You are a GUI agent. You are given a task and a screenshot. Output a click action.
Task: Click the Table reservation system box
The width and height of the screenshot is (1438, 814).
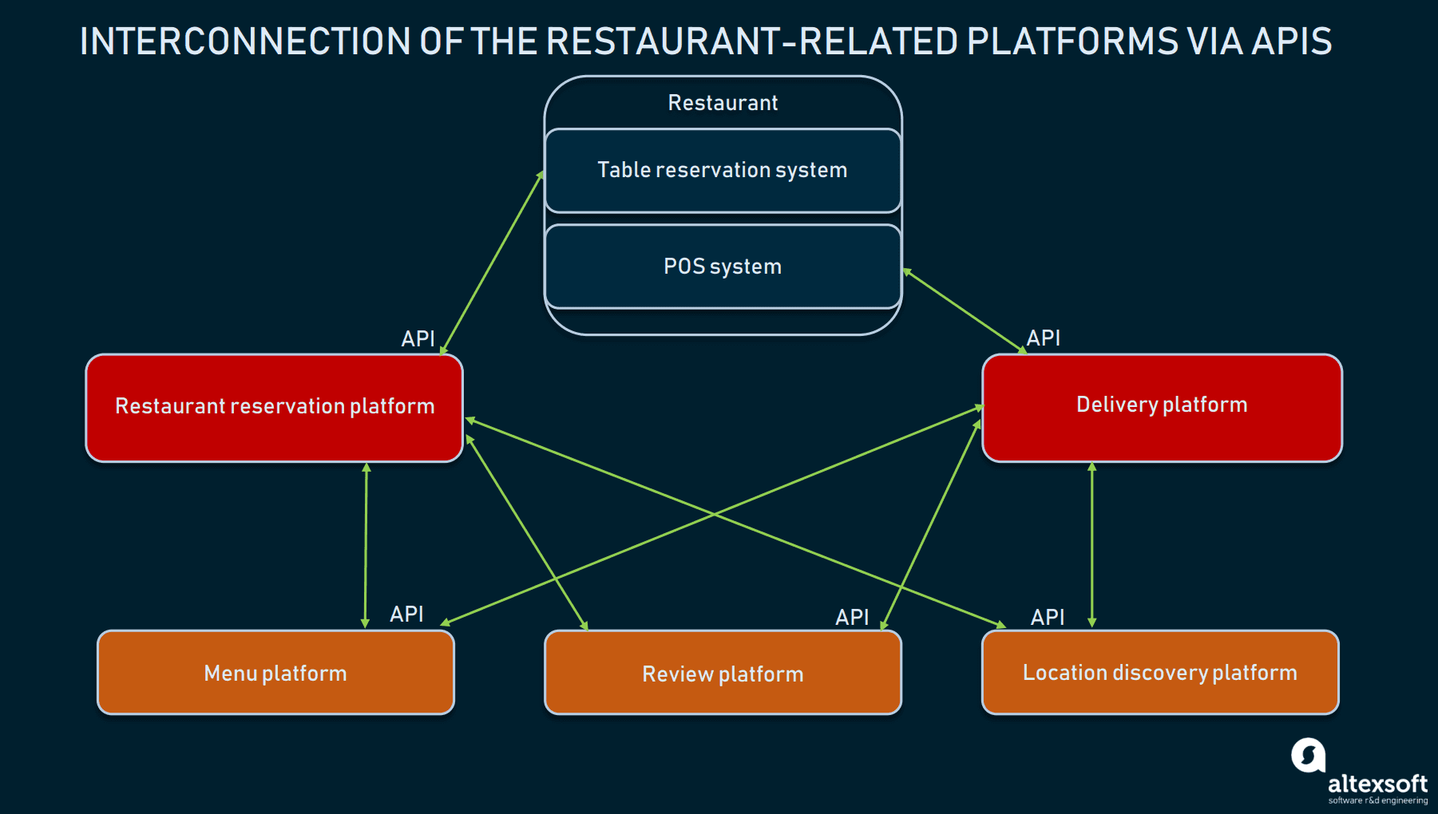coord(723,171)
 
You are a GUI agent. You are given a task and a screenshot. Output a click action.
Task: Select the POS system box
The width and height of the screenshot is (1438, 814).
coord(723,267)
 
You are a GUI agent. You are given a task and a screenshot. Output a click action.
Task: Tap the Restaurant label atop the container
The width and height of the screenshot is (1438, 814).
coord(723,103)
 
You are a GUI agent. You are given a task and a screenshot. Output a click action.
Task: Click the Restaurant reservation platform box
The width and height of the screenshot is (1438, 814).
coord(275,407)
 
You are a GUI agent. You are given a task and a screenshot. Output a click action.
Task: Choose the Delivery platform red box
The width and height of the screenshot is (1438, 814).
coord(1162,407)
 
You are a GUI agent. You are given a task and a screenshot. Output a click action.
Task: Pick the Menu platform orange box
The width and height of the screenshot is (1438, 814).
coord(275,673)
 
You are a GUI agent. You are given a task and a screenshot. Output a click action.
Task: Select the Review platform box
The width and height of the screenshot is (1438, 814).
coord(723,674)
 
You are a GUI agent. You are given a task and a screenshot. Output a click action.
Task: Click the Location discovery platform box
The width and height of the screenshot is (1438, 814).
coord(1160,673)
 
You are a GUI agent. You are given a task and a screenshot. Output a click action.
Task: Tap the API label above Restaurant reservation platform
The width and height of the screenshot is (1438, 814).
coord(418,338)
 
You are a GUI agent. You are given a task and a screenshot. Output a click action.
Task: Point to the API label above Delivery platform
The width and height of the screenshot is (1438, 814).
coord(1043,338)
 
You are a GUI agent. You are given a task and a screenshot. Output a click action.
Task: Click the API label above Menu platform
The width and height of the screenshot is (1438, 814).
coord(406,614)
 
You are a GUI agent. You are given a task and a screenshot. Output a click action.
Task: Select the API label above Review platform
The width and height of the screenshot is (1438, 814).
coord(852,617)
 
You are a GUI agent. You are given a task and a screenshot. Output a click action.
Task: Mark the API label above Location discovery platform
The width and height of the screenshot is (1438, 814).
coord(1048,617)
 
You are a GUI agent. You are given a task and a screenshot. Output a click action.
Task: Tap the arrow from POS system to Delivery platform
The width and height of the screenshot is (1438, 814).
coord(964,311)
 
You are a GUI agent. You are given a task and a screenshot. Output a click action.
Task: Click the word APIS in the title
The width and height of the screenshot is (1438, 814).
coord(1291,41)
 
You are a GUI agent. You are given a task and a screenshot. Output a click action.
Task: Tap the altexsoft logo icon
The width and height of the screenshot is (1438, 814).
coord(1308,755)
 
